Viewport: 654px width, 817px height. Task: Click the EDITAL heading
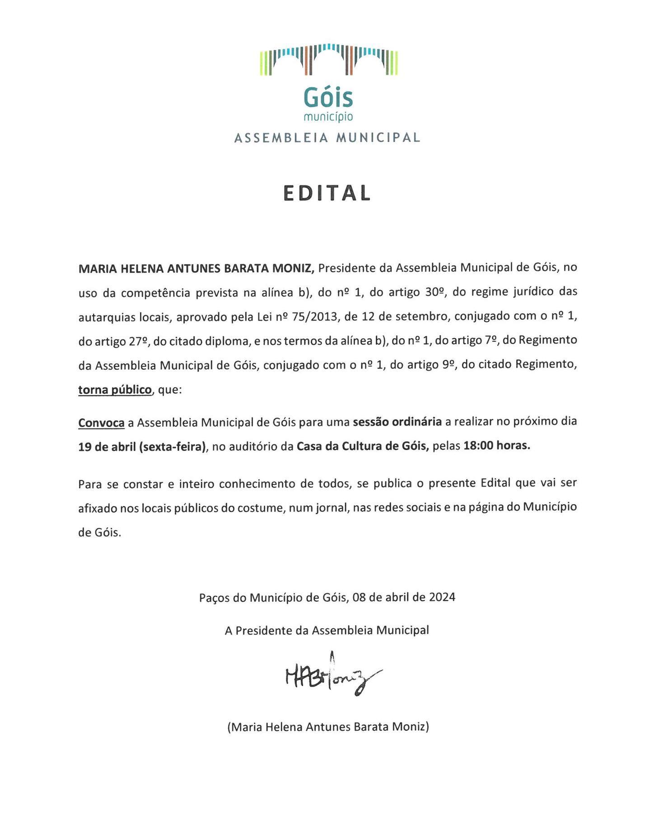(x=327, y=193)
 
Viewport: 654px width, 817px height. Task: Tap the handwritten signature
(x=332, y=675)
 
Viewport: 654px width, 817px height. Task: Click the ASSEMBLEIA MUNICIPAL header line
(x=327, y=138)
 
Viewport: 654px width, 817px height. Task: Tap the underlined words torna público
(x=115, y=390)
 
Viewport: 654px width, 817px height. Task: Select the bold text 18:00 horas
(x=497, y=446)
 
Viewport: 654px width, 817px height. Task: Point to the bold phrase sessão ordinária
(x=397, y=422)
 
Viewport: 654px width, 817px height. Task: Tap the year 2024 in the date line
(x=442, y=597)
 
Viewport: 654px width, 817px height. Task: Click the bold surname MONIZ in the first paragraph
(x=293, y=269)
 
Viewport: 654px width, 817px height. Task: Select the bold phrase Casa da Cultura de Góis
(x=362, y=446)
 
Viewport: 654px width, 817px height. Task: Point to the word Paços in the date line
(x=214, y=598)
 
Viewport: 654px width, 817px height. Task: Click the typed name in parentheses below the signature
(x=328, y=727)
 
